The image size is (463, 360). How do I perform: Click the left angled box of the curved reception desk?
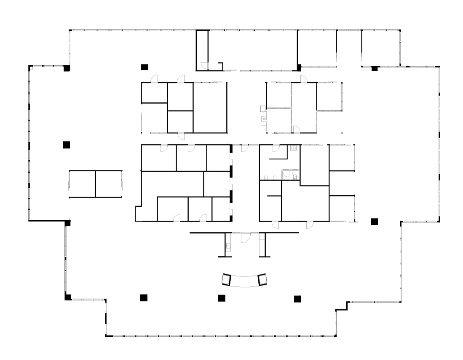coord(227,280)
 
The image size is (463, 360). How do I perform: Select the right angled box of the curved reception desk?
coord(263,279)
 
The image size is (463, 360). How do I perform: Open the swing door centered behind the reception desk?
coord(244,238)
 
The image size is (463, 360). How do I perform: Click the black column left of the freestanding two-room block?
coord(66,145)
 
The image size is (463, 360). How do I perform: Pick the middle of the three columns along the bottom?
coord(222,298)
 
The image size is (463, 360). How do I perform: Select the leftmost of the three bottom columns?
coord(144,298)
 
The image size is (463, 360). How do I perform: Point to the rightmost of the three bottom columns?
coord(297,299)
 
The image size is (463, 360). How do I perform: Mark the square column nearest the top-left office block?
coord(144,67)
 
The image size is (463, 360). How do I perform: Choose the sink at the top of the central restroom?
coord(294,148)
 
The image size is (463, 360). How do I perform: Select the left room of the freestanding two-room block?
coord(82,184)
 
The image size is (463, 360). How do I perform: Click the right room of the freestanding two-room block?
coord(109,184)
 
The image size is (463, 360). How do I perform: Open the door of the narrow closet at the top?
coord(204,66)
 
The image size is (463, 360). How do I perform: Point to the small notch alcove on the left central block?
coord(138,214)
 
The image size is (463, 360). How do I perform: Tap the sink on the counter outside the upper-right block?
coord(264,120)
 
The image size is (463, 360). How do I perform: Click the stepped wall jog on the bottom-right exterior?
coord(342,306)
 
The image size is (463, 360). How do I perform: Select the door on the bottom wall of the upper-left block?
coord(181,136)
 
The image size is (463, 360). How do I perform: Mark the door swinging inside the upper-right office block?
coord(297,129)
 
